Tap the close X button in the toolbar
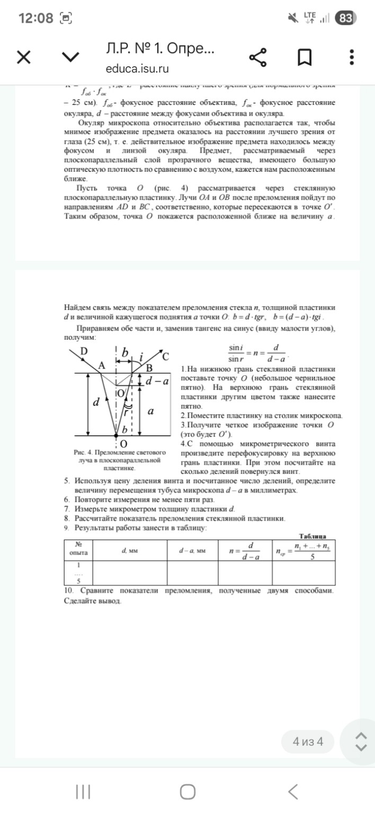(23, 57)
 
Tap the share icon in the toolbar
(258, 57)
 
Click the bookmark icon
(304, 57)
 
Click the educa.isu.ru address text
(137, 69)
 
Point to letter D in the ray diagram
(84, 351)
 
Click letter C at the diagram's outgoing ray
(166, 356)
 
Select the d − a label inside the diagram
(157, 381)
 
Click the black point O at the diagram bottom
(117, 437)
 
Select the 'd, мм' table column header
(129, 551)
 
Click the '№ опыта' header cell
(78, 548)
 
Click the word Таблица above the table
(312, 536)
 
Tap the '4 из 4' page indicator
(308, 741)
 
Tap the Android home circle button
(187, 792)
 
